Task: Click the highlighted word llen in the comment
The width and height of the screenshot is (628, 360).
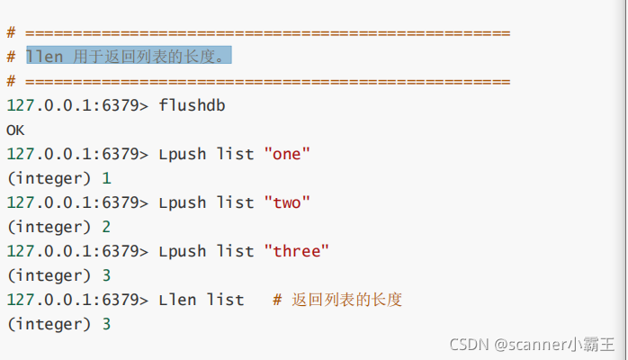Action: [45, 57]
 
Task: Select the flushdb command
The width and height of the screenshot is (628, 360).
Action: [192, 105]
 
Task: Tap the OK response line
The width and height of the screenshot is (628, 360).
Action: [15, 130]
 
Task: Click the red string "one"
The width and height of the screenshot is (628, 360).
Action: [287, 154]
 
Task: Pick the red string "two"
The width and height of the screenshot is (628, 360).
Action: [287, 202]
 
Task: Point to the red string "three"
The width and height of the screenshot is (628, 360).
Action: [297, 251]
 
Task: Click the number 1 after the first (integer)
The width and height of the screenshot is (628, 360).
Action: [107, 178]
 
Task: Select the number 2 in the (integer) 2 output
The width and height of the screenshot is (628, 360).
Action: [107, 227]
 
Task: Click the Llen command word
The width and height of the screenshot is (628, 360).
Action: [177, 300]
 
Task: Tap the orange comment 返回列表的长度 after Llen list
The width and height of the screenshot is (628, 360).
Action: [347, 300]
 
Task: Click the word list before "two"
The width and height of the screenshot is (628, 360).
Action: [236, 202]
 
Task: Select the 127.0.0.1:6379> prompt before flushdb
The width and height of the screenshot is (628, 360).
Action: [77, 105]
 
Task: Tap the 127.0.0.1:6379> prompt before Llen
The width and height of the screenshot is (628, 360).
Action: [77, 300]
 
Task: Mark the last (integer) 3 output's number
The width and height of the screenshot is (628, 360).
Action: [107, 324]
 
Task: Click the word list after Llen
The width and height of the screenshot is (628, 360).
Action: [226, 300]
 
